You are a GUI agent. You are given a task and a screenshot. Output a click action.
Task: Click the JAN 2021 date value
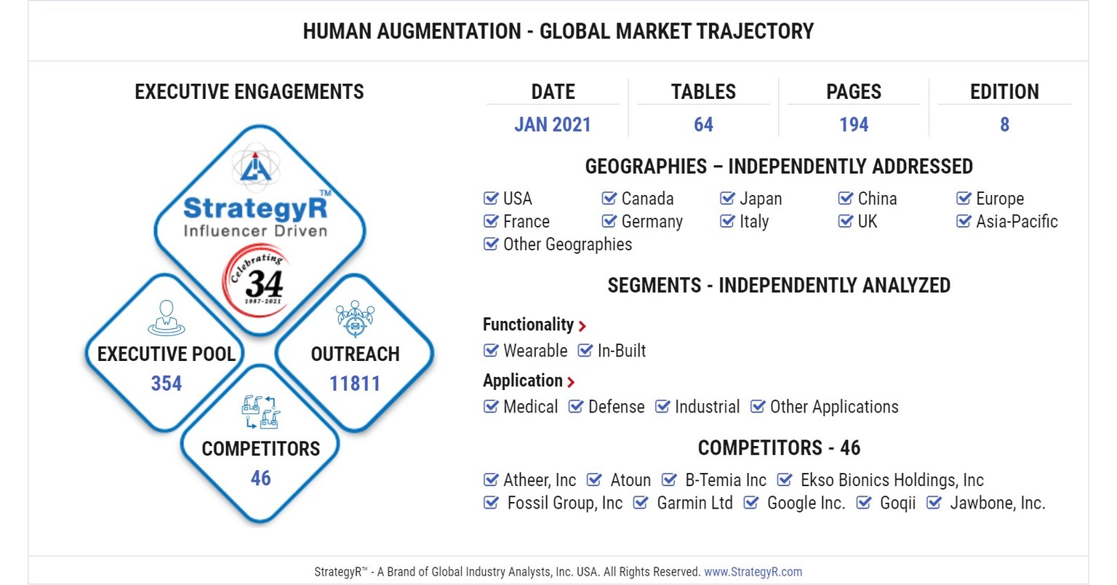[x=552, y=124]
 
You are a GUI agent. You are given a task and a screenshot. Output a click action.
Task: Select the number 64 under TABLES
[x=703, y=124]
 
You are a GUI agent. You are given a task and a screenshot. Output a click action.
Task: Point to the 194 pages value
[x=854, y=124]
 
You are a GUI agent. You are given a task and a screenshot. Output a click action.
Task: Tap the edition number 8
[x=1004, y=124]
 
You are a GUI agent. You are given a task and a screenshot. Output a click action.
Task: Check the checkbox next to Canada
[x=609, y=199]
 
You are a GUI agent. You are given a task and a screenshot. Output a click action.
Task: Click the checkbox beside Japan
[x=727, y=199]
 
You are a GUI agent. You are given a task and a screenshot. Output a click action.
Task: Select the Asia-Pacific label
[x=1017, y=221]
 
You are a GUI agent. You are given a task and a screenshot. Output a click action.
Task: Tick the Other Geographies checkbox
[x=491, y=244]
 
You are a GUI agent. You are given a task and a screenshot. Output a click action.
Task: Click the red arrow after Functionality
[x=582, y=326]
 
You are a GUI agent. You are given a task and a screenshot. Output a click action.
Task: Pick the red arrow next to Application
[x=571, y=382]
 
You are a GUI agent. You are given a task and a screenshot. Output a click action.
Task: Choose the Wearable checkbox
[x=491, y=351]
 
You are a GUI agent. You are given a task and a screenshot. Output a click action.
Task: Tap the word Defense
[x=616, y=407]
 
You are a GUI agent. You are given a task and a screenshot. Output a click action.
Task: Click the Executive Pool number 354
[x=167, y=383]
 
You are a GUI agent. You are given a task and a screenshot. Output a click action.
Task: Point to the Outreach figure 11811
[x=355, y=383]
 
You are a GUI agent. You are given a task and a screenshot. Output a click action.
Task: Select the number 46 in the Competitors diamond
[x=260, y=478]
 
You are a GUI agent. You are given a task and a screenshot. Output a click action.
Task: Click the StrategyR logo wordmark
[x=255, y=209]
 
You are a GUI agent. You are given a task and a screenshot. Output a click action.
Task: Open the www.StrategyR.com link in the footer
[x=753, y=572]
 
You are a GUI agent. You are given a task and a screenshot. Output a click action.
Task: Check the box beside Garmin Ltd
[x=641, y=503]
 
